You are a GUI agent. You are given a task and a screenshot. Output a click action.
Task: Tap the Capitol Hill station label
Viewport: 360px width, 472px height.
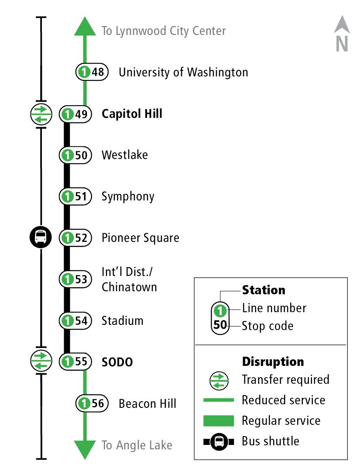132,114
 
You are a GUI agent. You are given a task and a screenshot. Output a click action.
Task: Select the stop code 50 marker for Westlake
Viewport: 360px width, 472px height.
75,155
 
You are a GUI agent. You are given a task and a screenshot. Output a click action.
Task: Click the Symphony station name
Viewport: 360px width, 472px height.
128,196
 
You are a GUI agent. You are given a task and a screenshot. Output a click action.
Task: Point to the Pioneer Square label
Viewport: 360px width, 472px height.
140,238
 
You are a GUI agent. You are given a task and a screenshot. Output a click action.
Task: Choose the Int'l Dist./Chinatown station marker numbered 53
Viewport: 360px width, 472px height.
75,279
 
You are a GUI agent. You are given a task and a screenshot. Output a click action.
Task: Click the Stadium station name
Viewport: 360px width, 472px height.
122,321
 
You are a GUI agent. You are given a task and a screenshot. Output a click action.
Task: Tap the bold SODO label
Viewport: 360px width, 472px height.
117,362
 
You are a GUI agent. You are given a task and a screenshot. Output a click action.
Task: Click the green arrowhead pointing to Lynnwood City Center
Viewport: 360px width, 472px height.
85,27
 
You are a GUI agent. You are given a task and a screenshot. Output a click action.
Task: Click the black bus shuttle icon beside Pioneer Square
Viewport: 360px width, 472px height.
41,237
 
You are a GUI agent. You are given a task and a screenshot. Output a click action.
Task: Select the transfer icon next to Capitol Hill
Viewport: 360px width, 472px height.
41,114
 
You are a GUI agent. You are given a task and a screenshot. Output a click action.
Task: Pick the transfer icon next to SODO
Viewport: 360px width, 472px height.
41,361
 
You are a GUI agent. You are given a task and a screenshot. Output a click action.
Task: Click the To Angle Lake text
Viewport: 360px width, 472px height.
137,445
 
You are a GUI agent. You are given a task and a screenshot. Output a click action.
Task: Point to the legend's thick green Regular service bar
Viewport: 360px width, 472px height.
219,420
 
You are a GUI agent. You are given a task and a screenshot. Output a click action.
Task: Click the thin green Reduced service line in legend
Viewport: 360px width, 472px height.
219,400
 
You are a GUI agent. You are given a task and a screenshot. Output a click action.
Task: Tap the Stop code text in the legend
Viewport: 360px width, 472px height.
267,326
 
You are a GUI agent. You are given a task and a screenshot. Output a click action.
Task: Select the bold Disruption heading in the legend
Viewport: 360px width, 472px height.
273,362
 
